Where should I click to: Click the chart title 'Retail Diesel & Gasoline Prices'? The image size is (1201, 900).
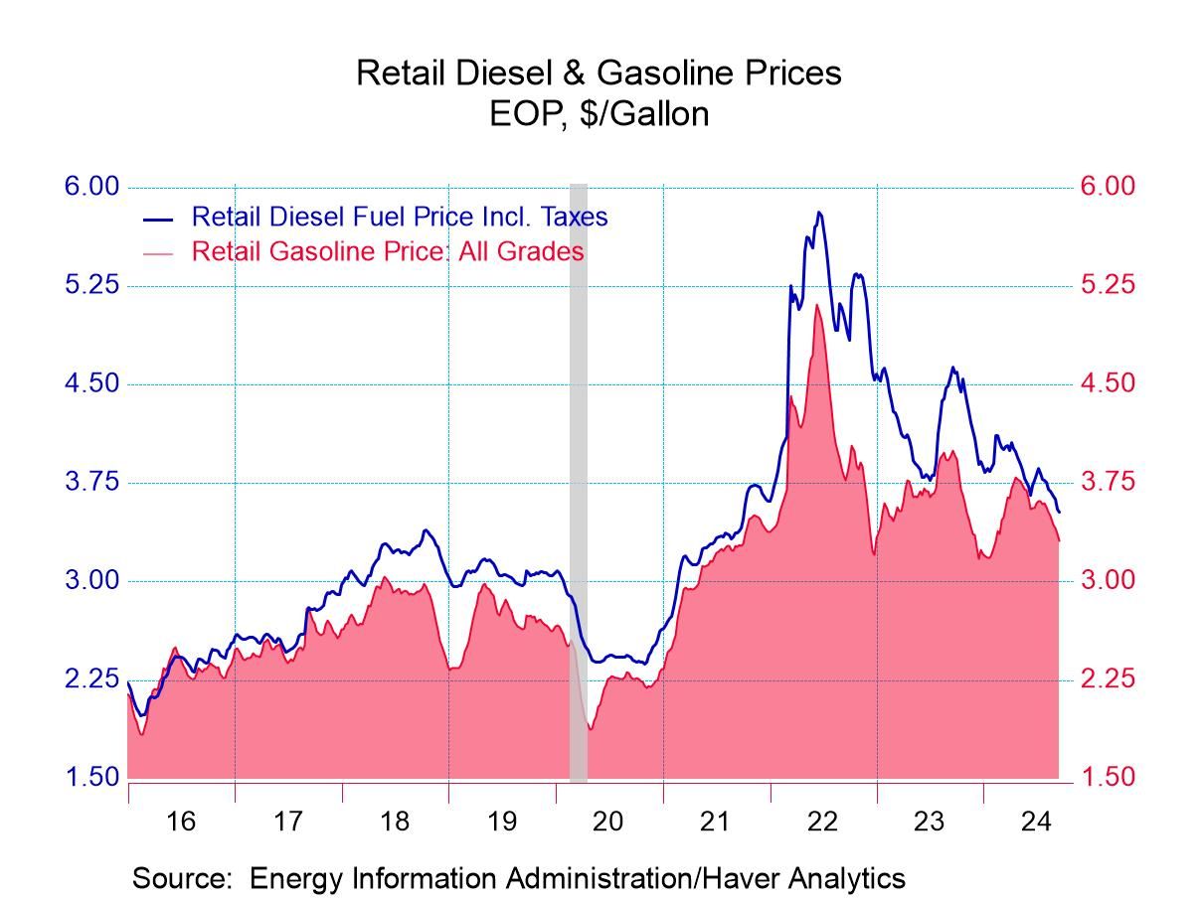point(599,73)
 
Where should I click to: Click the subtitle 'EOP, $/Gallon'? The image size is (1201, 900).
point(599,114)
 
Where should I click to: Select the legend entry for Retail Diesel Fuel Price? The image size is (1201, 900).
point(399,217)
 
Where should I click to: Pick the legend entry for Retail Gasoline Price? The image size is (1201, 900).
point(387,251)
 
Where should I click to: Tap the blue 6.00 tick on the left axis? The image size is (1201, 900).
point(91,187)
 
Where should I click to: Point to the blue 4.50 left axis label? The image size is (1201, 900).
point(91,383)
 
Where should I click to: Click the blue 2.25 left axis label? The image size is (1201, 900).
point(91,679)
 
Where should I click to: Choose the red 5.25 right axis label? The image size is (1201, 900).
point(1107,285)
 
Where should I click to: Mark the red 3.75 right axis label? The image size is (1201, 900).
point(1107,482)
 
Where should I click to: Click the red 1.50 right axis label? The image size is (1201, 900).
point(1107,777)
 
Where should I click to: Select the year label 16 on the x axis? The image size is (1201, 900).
point(181,822)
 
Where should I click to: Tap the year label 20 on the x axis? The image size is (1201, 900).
point(608,822)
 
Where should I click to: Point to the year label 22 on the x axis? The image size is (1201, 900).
point(822,822)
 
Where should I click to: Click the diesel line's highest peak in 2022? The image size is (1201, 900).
point(818,212)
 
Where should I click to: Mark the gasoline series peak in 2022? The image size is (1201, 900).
point(816,304)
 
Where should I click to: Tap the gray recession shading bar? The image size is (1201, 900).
point(578,477)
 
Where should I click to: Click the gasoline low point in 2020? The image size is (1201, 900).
point(591,728)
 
